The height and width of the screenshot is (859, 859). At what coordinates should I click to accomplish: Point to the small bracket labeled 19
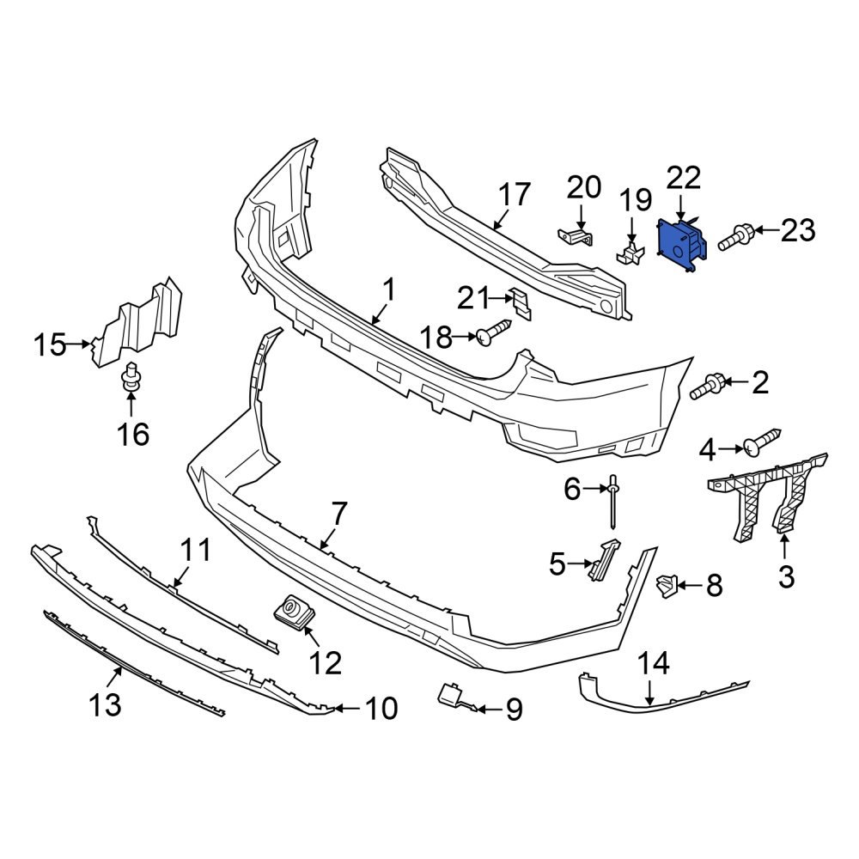pyautogui.click(x=631, y=251)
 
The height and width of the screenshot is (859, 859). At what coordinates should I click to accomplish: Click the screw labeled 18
pyautogui.click(x=494, y=333)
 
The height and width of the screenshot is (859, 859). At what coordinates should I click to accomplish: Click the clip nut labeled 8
pyautogui.click(x=666, y=587)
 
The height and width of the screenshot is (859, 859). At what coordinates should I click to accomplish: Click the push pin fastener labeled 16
pyautogui.click(x=131, y=381)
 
